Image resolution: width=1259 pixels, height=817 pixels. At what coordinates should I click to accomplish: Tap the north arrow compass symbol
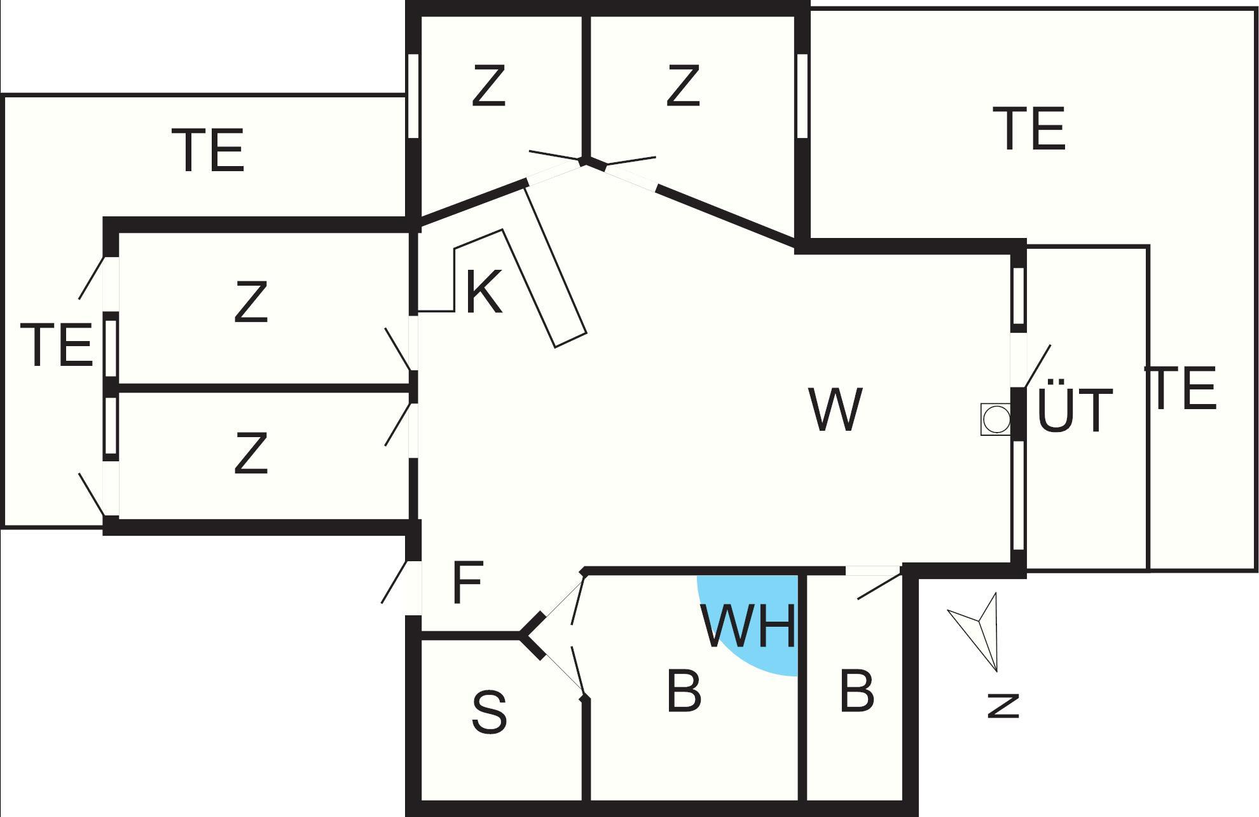[x=979, y=630]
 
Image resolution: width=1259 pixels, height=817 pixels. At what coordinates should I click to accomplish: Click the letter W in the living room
[x=836, y=410]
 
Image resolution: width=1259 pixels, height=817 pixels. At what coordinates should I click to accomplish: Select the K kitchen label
[x=484, y=292]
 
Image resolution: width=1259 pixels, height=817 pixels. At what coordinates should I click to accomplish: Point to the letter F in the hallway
[x=467, y=583]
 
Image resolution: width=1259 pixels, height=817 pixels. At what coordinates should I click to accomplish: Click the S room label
[x=489, y=713]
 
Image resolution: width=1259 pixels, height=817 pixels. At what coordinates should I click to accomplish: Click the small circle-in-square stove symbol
[x=995, y=420]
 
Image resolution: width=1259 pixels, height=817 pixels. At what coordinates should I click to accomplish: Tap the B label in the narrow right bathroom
[x=857, y=690]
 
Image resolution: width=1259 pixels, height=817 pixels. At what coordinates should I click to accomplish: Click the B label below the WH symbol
[x=684, y=690]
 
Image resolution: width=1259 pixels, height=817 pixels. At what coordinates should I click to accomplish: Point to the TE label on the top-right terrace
[x=1033, y=129]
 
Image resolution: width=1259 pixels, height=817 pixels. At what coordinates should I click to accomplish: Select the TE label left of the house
[x=57, y=346]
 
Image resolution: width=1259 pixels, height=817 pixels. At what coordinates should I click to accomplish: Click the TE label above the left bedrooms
[x=209, y=151]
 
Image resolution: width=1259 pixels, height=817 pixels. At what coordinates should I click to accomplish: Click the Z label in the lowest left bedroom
[x=251, y=454]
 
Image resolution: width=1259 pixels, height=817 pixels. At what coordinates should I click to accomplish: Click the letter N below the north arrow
[x=1003, y=706]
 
